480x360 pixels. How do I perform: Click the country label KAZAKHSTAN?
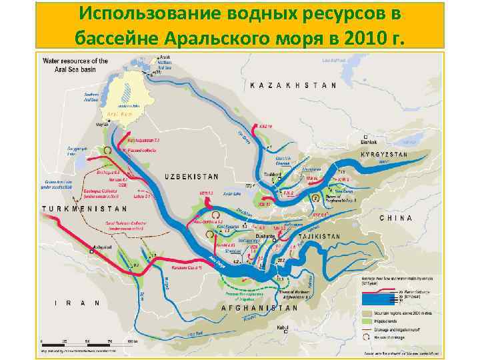point(293,85)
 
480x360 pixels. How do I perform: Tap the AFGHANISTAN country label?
point(259,308)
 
